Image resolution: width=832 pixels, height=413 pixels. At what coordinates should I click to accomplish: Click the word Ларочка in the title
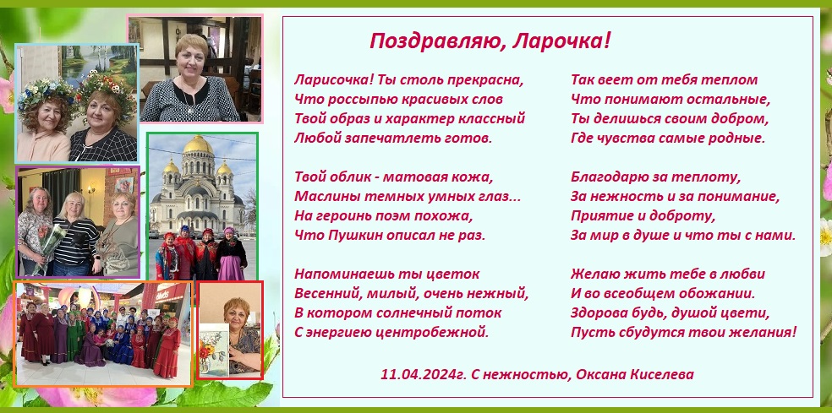tap(561, 41)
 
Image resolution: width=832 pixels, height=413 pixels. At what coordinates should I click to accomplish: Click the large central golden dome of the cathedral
tap(198, 144)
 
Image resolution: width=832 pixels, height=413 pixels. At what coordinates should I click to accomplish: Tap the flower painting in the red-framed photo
tap(214, 350)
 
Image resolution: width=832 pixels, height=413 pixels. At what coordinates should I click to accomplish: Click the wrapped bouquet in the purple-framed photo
tap(47, 249)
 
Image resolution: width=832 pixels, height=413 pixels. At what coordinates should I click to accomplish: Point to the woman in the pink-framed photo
tap(190, 79)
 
